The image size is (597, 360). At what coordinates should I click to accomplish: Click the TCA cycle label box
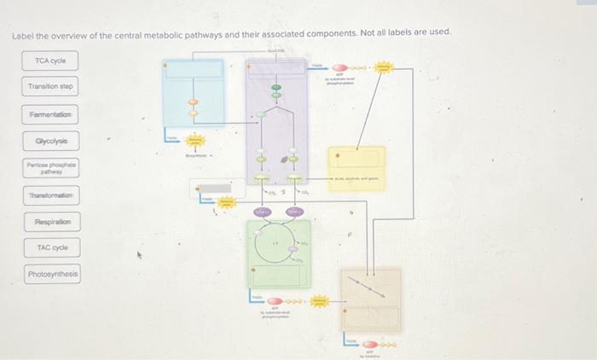pos(50,61)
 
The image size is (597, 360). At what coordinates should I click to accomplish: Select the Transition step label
pos(50,86)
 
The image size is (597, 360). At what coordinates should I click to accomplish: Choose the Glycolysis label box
pos(50,140)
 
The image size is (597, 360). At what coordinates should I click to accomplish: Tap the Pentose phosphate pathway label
pos(50,168)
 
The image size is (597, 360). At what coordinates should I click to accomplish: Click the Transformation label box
pos(50,195)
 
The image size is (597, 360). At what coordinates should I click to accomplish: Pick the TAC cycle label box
pos(50,247)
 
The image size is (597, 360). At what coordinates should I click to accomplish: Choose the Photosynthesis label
pos(52,275)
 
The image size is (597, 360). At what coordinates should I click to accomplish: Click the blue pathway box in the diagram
pos(194,91)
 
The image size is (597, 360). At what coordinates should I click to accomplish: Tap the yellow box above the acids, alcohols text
pos(356,167)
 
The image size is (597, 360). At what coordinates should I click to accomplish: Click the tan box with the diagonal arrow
pos(370,299)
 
